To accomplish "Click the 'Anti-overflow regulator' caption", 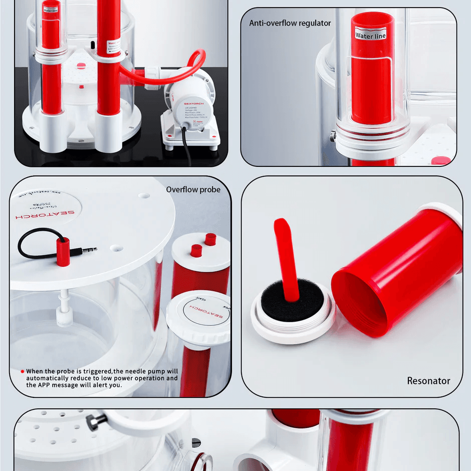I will [290, 23].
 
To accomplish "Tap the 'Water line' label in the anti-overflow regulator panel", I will [370, 35].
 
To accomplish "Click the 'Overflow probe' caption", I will [193, 189].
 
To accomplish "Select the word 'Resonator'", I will [428, 381].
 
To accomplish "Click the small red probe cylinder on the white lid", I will [62, 252].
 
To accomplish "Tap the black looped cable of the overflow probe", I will [35, 241].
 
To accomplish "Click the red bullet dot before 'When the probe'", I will [22, 371].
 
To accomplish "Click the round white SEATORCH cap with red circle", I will [198, 313].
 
